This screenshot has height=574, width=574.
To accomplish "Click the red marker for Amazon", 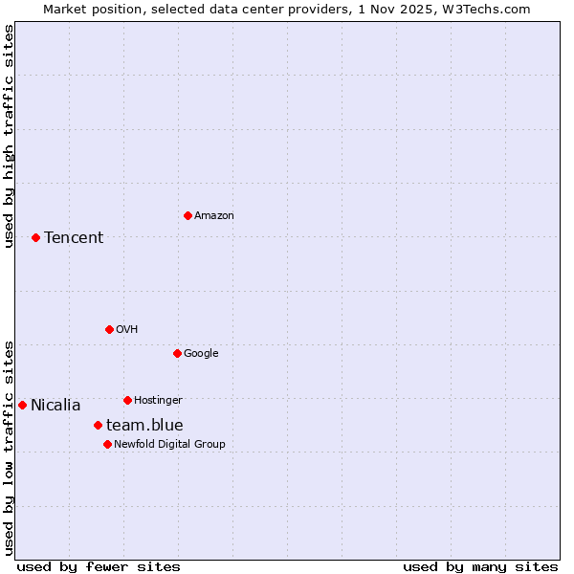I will click(188, 215).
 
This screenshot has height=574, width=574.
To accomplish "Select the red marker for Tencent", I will click(35, 237).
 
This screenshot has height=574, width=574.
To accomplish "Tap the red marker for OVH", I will click(109, 329).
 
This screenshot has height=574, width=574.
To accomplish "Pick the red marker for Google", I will click(177, 353).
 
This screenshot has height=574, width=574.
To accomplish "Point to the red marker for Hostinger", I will click(127, 400).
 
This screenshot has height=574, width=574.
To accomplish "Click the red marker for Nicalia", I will click(22, 405).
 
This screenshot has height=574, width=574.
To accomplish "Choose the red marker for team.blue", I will click(98, 425).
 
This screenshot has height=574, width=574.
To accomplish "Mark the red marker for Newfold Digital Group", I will click(107, 444).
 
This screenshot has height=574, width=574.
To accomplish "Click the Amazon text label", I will click(214, 216).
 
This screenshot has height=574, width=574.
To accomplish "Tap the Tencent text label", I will click(74, 238).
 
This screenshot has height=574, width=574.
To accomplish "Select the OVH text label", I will click(127, 330).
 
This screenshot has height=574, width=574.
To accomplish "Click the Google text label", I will click(201, 354).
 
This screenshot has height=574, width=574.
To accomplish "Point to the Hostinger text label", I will click(158, 401).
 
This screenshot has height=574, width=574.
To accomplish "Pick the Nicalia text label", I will click(55, 406).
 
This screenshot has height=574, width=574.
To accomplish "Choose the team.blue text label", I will click(144, 426).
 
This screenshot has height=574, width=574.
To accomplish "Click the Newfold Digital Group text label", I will click(169, 445).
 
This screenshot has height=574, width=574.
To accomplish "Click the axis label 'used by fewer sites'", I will click(99, 566).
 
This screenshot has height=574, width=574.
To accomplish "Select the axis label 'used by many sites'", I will click(480, 566).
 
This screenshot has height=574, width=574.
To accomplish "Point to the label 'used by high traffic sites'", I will click(9, 136).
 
